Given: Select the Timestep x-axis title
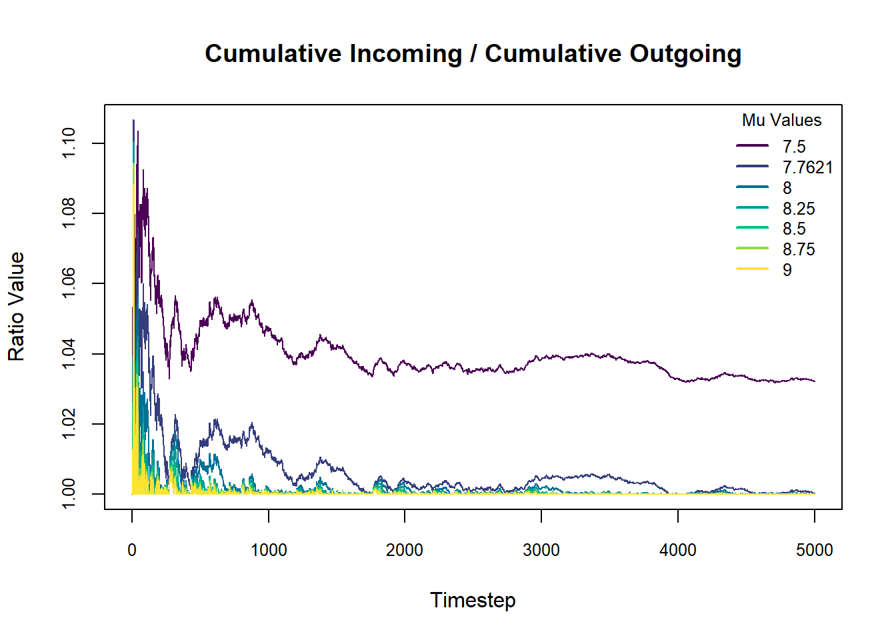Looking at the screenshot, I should tap(473, 600).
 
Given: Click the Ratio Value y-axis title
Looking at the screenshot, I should tap(16, 307).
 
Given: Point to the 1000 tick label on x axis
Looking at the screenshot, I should tap(269, 550).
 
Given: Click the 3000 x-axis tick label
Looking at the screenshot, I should tap(541, 550).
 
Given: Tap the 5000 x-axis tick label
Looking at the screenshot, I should tap(814, 550).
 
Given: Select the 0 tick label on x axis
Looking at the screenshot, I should tap(132, 550).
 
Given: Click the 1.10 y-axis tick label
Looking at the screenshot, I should tap(69, 143).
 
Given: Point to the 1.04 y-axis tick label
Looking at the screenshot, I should tap(69, 354).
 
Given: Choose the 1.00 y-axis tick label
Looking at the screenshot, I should tap(69, 494).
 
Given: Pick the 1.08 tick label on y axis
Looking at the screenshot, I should tap(69, 213).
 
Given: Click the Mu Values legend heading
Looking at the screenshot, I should tap(781, 121).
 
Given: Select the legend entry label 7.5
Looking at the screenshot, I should tap(794, 147).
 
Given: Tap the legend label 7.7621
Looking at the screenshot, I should tap(807, 167).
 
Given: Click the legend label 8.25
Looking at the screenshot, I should tap(799, 209).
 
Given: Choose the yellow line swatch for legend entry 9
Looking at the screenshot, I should tap(752, 269).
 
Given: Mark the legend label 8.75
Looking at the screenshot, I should tap(799, 249).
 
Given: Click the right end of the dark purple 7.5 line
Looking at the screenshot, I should tap(814, 381).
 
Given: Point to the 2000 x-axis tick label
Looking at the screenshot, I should tap(405, 550).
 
